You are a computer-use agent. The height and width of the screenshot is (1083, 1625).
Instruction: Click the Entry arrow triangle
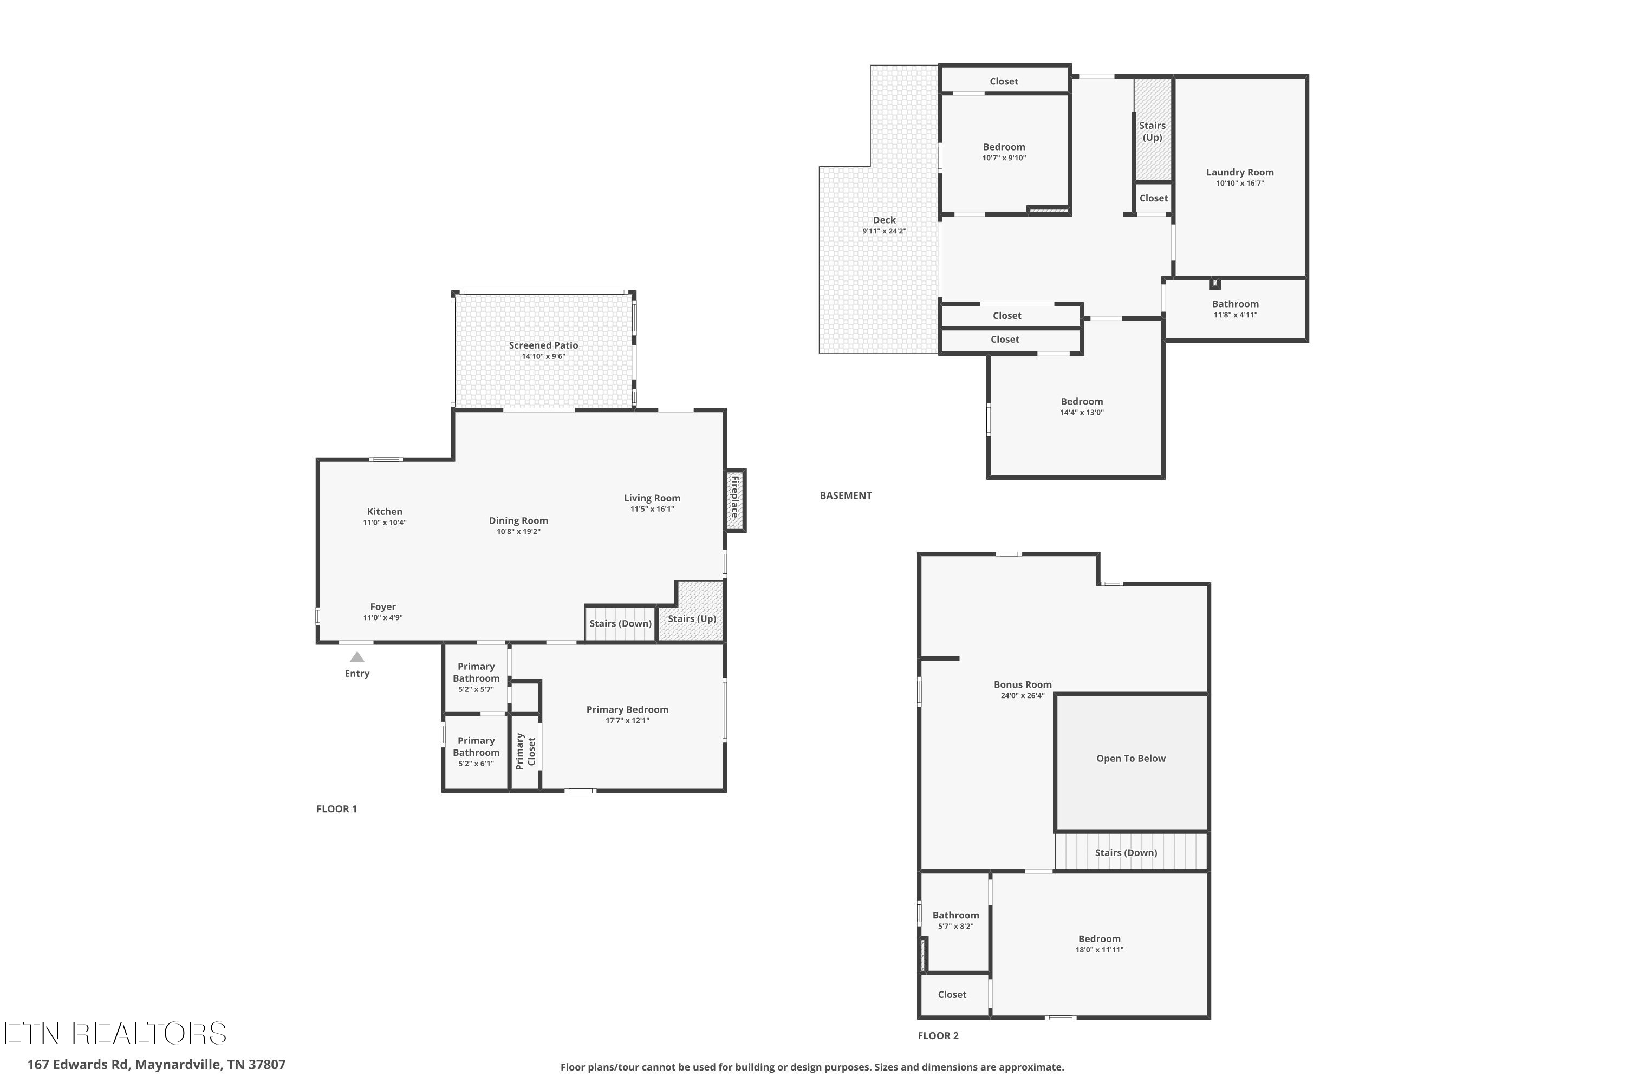pyautogui.click(x=356, y=657)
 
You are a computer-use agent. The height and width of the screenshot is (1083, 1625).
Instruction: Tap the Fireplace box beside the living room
pyautogui.click(x=734, y=499)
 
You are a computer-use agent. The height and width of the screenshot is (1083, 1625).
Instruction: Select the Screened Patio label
pyautogui.click(x=543, y=345)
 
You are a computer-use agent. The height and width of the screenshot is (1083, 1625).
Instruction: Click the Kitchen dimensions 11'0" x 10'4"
pyautogui.click(x=384, y=523)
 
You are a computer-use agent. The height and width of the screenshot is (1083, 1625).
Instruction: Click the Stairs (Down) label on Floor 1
pyautogui.click(x=620, y=624)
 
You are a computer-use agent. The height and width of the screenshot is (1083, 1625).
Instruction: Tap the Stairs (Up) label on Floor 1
pyautogui.click(x=692, y=619)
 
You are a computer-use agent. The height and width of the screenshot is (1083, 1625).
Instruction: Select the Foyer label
pyautogui.click(x=383, y=607)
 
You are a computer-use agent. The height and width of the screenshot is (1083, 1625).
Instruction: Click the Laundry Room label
pyautogui.click(x=1239, y=173)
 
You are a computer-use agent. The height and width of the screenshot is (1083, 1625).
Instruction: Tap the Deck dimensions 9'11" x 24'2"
pyautogui.click(x=883, y=231)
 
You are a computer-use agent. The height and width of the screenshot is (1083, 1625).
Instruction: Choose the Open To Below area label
pyautogui.click(x=1130, y=759)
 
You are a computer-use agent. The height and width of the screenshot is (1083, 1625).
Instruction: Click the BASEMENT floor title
pyautogui.click(x=845, y=496)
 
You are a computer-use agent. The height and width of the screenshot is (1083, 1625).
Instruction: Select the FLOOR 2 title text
pyautogui.click(x=938, y=1035)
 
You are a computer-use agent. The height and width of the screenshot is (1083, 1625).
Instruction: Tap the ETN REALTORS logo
pyautogui.click(x=115, y=1033)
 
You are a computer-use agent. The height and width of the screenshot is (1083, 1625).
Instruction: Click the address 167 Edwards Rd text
pyautogui.click(x=156, y=1065)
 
